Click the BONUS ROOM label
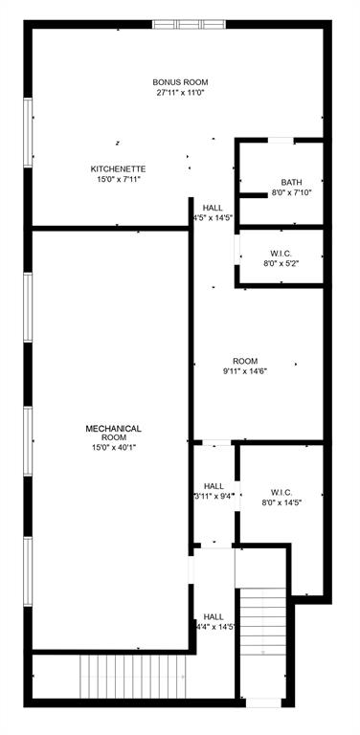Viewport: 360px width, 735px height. click(181, 82)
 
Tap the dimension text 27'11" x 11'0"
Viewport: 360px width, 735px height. click(181, 93)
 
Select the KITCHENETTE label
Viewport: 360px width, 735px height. click(118, 168)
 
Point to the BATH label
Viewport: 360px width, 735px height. click(291, 182)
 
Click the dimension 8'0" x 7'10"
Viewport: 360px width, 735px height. click(291, 192)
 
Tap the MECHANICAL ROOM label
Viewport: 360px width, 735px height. click(114, 434)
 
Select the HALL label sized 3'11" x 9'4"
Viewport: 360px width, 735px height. click(214, 485)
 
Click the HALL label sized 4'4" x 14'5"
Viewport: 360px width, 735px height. click(214, 617)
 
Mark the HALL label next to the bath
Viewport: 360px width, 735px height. click(213, 208)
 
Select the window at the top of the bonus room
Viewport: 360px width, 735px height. click(190, 24)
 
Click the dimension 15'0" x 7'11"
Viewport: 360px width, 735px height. click(118, 179)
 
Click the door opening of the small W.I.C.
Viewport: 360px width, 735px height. click(237, 256)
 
